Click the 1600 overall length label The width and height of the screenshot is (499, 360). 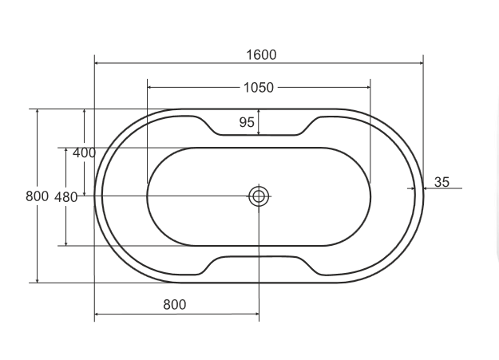coord(261,55)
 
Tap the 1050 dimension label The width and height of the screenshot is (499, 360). coord(259,88)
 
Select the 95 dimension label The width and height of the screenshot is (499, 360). coord(247,122)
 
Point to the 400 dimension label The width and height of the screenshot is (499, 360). coord(84,152)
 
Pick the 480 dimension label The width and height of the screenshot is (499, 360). coord(66,197)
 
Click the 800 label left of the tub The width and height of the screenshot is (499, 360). coord(38,196)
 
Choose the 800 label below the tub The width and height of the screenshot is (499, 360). coord(174,305)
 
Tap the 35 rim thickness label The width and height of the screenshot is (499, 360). coord(442,182)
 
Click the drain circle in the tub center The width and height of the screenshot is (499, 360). coord(259,196)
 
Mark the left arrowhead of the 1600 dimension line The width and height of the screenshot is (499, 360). coord(97,63)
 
